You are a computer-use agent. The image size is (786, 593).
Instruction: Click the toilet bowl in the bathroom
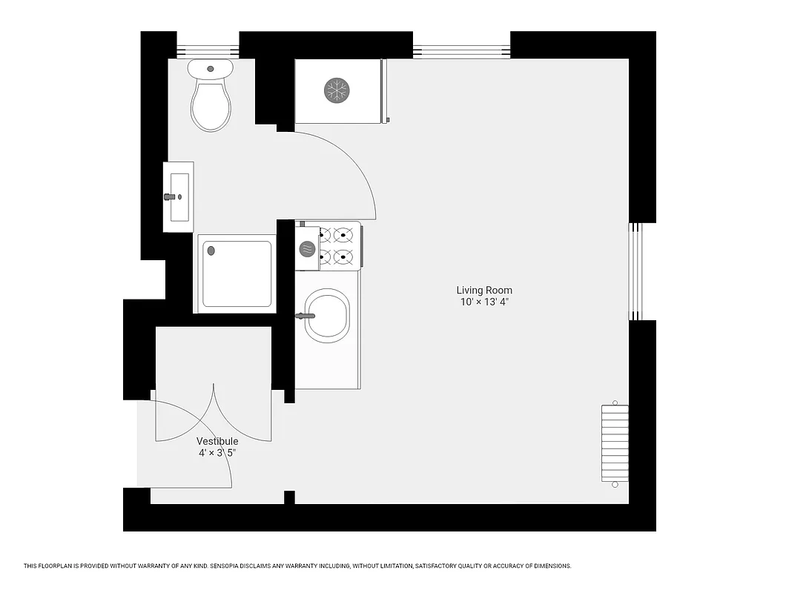[x=211, y=107]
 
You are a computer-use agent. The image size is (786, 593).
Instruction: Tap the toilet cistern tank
[x=211, y=69]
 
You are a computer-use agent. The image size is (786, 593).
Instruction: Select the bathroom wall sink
[x=179, y=196]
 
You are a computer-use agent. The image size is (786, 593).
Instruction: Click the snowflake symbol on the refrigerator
[x=337, y=90]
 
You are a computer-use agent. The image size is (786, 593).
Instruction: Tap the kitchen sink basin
[x=327, y=317]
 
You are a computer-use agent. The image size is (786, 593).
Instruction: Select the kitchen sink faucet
[x=303, y=316]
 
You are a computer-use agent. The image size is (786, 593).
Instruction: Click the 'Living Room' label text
[x=484, y=291]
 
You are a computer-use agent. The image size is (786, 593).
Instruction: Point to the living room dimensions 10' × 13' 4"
[x=484, y=302]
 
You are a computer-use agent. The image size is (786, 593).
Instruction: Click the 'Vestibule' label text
[x=217, y=441]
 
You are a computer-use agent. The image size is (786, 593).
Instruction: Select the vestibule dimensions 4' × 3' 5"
[x=217, y=452]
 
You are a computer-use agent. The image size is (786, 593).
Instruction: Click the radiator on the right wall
[x=615, y=444]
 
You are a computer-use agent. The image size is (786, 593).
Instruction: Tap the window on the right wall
[x=635, y=271]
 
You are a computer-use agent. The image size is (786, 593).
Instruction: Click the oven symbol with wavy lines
[x=307, y=249]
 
